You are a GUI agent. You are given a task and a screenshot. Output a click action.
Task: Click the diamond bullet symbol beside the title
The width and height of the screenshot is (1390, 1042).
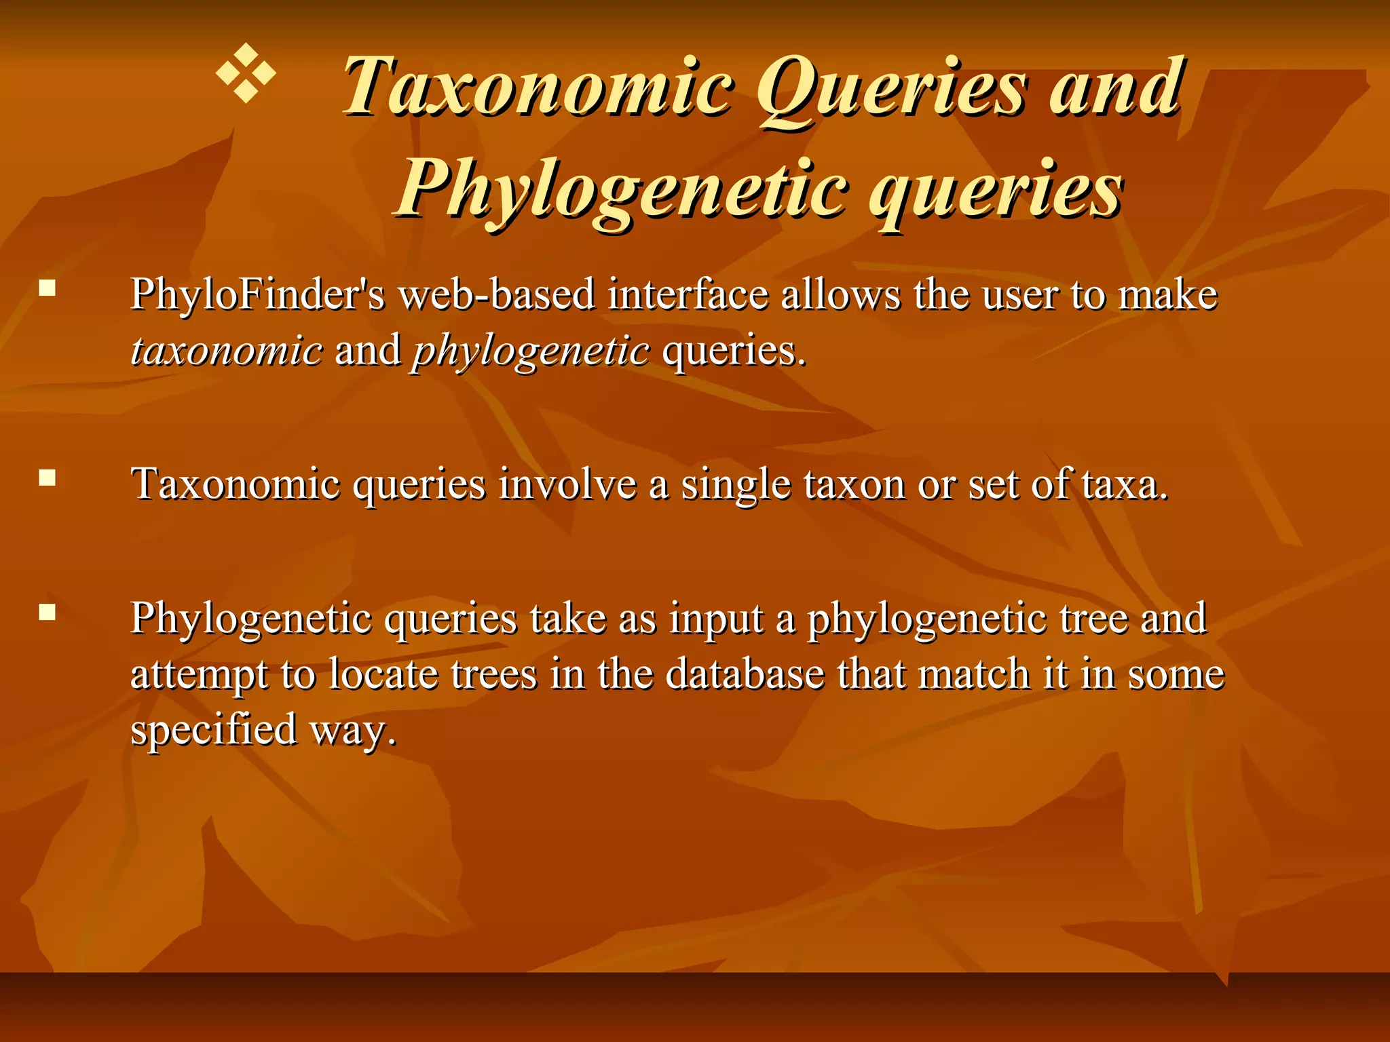pyautogui.click(x=246, y=74)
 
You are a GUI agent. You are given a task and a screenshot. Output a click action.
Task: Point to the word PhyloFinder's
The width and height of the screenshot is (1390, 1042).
pyautogui.click(x=258, y=296)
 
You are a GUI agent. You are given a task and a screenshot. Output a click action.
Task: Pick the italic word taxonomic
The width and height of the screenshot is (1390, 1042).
pyautogui.click(x=227, y=351)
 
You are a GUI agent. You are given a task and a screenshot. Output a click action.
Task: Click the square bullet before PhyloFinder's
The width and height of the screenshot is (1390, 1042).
pyautogui.click(x=47, y=290)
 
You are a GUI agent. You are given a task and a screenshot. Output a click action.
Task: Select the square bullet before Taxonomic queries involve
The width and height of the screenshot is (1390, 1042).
pyautogui.click(x=47, y=479)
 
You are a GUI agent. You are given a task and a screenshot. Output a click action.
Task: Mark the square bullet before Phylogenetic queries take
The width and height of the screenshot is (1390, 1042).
pyautogui.click(x=47, y=613)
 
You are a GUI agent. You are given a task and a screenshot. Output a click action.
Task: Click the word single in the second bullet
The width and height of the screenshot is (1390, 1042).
pyautogui.click(x=736, y=486)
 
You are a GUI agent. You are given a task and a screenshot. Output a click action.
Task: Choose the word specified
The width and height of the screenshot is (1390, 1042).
pyautogui.click(x=214, y=730)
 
